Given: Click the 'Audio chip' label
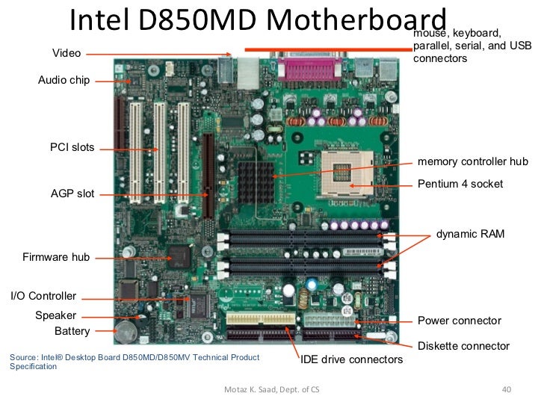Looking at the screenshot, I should [x=64, y=80].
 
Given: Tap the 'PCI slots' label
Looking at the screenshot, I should [x=72, y=147].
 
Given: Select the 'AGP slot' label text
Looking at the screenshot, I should [x=72, y=194].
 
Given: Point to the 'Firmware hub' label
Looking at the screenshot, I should [x=56, y=257].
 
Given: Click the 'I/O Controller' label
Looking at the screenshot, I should [x=43, y=296].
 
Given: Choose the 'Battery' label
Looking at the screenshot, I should [x=72, y=330].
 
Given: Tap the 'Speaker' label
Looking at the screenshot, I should [x=56, y=315].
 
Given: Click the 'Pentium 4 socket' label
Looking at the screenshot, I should [x=460, y=184].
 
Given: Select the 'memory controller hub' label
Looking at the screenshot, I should [x=472, y=161].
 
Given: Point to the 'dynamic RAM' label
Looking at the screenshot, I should [x=470, y=234].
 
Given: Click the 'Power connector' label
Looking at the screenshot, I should [x=459, y=321].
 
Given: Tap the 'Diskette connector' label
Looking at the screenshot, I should [x=463, y=346].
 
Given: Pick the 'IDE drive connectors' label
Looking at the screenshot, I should [x=351, y=360].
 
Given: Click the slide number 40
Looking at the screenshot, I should [x=505, y=389].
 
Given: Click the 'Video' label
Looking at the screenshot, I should [x=67, y=53].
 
